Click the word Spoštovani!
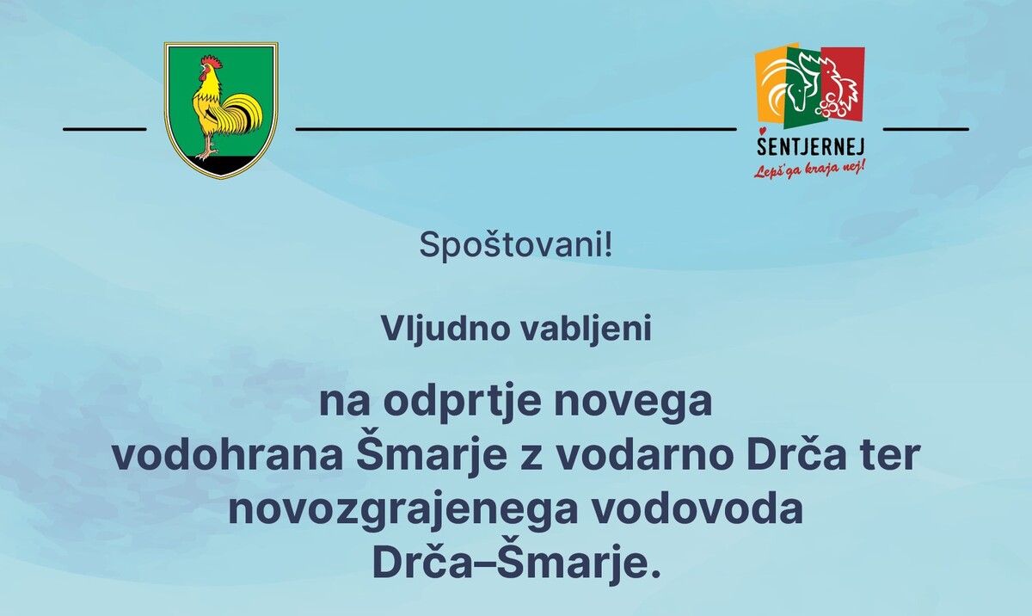click(516, 246)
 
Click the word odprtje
click(462, 403)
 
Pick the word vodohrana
click(228, 455)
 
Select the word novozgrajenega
click(403, 511)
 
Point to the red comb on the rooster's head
click(210, 61)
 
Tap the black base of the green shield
click(221, 165)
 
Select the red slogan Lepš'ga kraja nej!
click(809, 169)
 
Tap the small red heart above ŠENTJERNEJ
click(763, 131)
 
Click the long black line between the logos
click(516, 129)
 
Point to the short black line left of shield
click(105, 129)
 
